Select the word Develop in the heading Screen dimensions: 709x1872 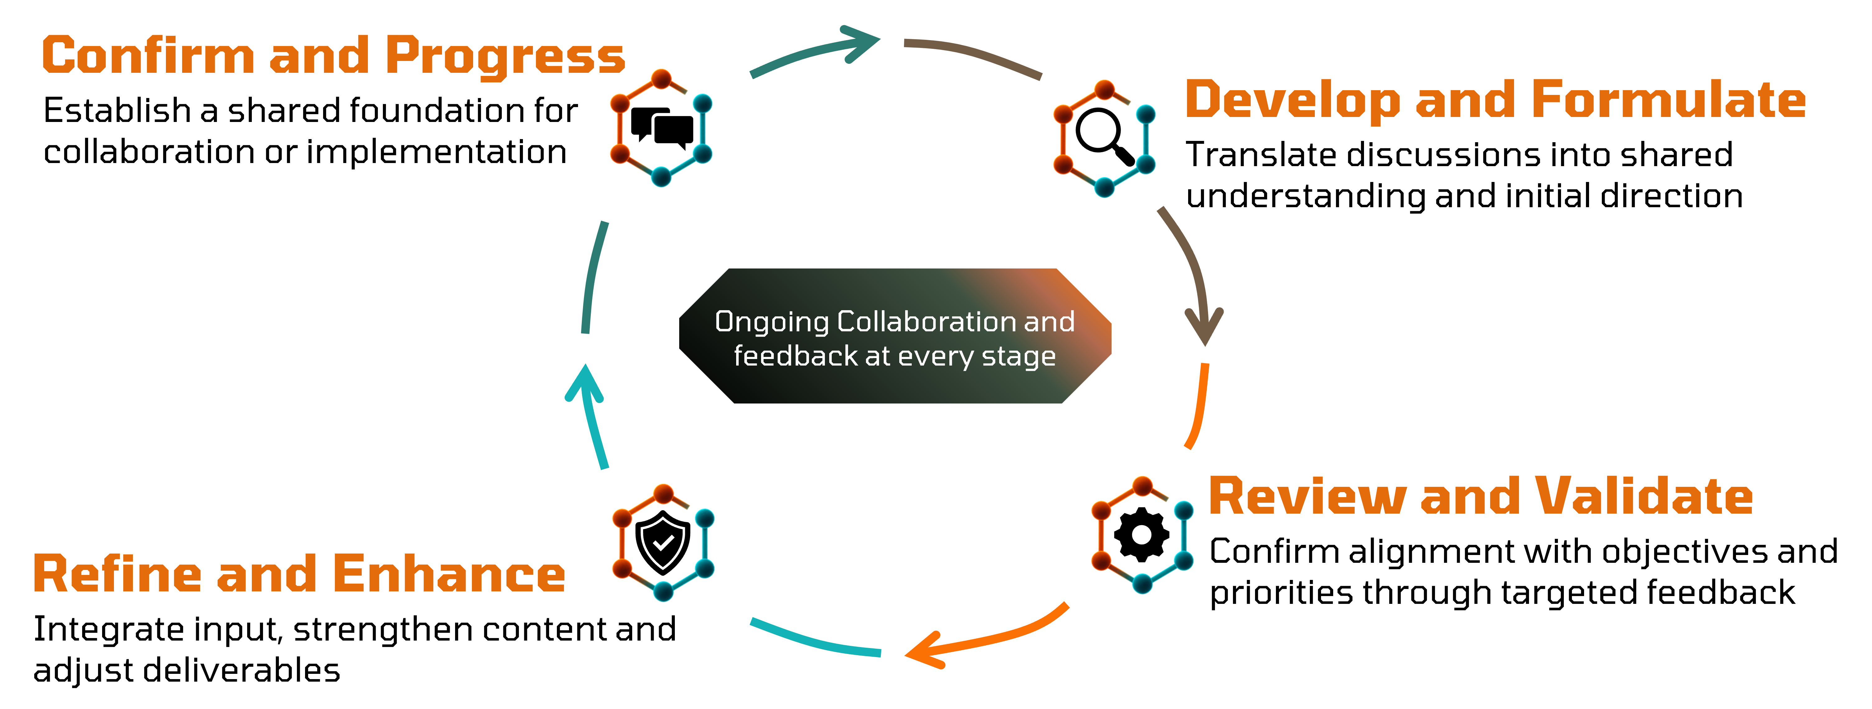click(1292, 100)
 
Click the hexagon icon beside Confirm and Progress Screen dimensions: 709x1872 click(661, 128)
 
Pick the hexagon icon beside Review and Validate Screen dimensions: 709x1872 click(1142, 535)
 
